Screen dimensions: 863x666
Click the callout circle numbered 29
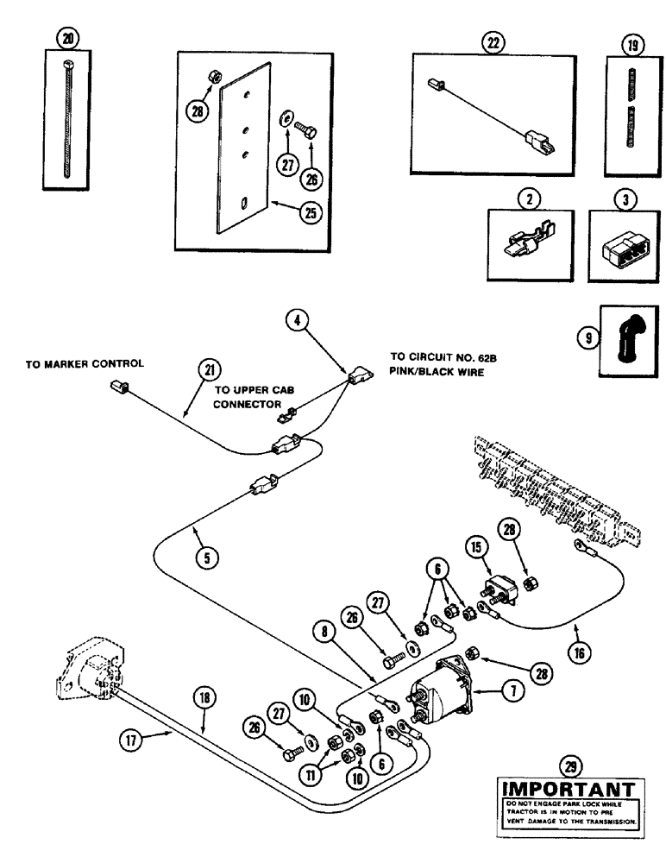571,761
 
